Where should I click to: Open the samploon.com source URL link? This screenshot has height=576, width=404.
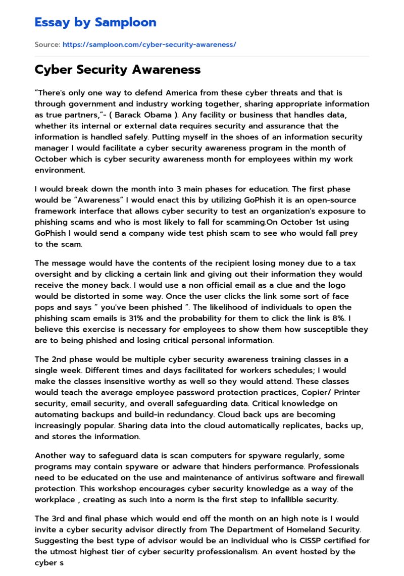(149, 44)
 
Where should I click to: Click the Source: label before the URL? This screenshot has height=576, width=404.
(47, 44)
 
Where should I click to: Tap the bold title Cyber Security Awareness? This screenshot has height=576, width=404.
(117, 70)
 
